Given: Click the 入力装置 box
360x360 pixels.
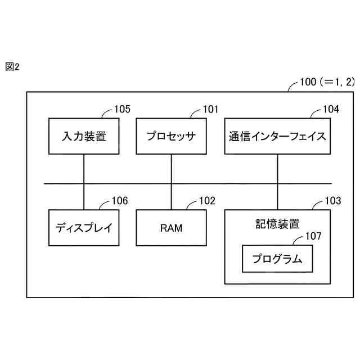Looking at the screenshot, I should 84,136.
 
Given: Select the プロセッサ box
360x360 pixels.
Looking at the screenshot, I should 170,136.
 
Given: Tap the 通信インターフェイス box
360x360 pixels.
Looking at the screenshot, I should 277,136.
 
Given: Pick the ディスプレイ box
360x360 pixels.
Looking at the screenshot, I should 84,228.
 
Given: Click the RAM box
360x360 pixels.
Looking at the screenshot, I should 170,228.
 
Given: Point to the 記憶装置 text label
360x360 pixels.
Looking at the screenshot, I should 277,223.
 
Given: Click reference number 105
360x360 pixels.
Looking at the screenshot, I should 122,109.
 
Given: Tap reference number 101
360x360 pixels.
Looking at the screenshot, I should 210,109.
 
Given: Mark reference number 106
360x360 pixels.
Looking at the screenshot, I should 119,201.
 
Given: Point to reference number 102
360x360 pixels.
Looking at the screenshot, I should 207,201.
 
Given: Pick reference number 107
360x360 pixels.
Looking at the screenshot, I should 313,236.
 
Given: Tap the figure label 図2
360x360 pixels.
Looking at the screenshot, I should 12,67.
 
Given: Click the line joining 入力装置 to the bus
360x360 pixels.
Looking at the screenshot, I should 84,168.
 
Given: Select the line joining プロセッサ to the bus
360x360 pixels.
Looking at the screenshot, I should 170,168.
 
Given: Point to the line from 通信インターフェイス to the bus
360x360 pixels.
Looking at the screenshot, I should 277,168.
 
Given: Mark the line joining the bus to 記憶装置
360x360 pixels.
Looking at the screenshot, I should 277,196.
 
